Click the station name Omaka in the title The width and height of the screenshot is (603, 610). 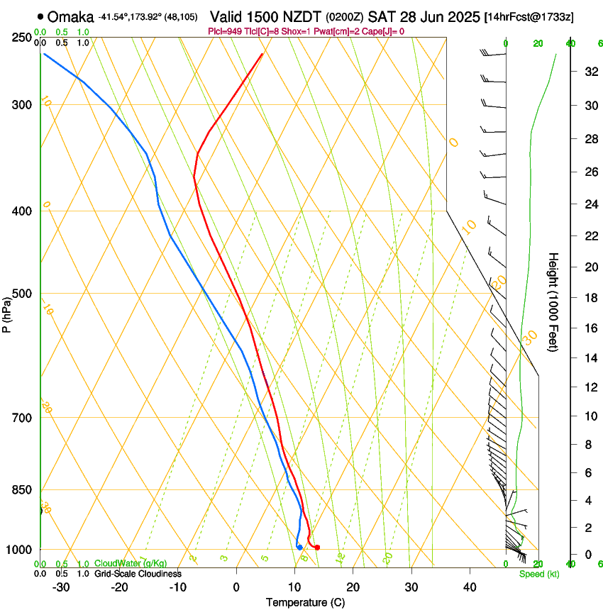pos(71,16)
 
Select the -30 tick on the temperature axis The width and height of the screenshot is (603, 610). pos(62,587)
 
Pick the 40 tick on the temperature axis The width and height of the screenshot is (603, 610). pos(470,587)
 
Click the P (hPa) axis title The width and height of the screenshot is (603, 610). pos(8,312)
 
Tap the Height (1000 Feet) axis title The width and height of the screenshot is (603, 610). pos(553,302)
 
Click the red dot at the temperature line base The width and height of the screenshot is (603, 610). pos(317,547)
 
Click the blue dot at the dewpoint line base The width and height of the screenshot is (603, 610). pos(300,547)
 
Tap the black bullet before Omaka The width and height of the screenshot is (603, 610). pos(40,16)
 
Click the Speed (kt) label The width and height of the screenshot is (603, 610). pos(536,574)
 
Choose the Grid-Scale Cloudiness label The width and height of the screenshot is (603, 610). pos(138,574)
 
